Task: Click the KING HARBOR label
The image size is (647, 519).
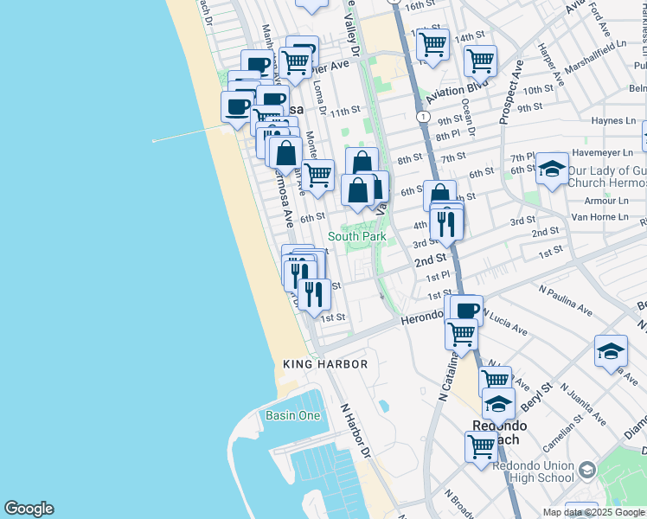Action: click(325, 364)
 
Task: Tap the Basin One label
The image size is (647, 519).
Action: click(292, 416)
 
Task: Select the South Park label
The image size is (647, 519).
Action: click(356, 236)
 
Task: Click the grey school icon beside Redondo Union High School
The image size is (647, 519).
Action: click(587, 470)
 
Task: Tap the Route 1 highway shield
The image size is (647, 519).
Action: click(422, 116)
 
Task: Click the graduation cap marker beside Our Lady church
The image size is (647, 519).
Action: click(552, 170)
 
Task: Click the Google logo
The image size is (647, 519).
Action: click(29, 509)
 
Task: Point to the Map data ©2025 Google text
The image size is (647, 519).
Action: click(594, 512)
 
